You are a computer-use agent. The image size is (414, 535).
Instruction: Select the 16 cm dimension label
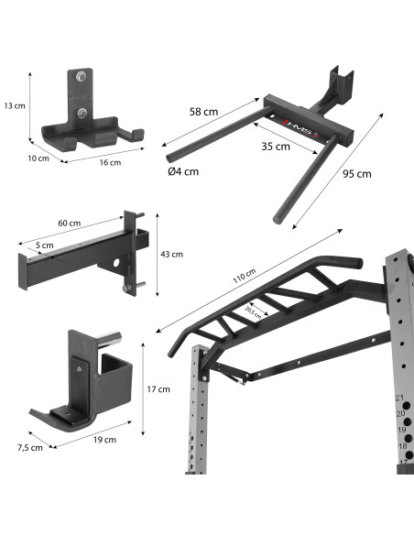[x=109, y=162]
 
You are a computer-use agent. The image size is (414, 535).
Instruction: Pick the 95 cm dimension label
[x=357, y=174]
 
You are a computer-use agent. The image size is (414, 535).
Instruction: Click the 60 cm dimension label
[x=70, y=223]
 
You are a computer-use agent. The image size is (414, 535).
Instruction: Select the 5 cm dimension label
[x=46, y=245]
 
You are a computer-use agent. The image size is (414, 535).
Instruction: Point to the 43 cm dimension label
[x=171, y=254]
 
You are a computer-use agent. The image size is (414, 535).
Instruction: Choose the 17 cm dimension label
[x=158, y=389]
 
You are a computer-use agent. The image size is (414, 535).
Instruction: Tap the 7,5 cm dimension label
[x=30, y=447]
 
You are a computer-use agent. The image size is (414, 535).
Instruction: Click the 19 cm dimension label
[x=105, y=440]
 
